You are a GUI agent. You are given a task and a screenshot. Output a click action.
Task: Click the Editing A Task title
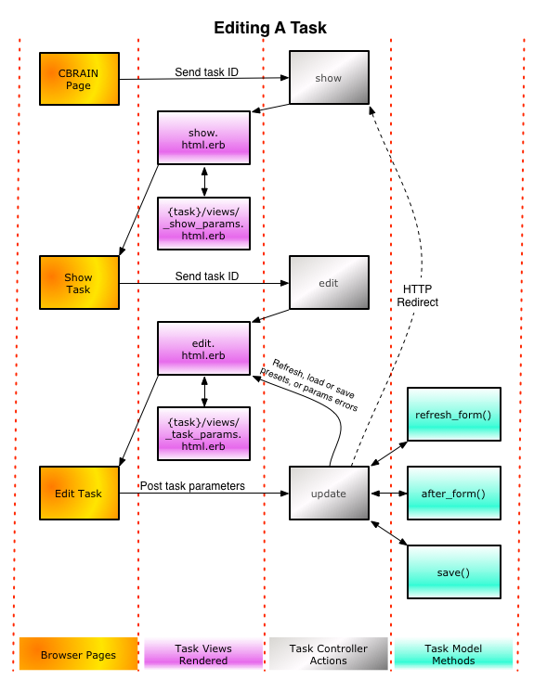[270, 28]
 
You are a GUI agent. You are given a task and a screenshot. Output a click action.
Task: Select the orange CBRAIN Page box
[79, 79]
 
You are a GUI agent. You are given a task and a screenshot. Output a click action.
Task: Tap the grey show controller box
[329, 78]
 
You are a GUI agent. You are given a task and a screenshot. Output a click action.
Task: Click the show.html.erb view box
[203, 138]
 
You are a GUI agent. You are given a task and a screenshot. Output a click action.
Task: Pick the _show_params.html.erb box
[203, 224]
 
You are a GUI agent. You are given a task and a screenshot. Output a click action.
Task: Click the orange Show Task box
[79, 282]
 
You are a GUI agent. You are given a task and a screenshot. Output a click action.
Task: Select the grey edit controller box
[329, 282]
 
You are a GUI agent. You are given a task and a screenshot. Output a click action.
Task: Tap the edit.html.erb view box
[203, 348]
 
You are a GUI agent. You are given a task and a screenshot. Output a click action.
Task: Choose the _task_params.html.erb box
[203, 433]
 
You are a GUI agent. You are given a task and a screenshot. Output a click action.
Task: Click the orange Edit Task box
[79, 494]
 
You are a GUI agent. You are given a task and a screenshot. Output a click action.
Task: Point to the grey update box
[329, 494]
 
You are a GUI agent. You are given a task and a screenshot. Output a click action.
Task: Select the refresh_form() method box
[454, 414]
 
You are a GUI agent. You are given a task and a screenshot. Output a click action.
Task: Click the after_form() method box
[454, 494]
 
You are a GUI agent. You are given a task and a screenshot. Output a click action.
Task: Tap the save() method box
[454, 572]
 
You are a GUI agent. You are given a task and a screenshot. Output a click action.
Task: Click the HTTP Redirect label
[418, 296]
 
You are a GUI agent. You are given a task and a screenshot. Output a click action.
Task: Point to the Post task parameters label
[192, 486]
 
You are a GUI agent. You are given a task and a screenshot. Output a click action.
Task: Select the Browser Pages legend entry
[79, 654]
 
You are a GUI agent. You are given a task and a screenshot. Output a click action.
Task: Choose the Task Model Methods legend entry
[453, 654]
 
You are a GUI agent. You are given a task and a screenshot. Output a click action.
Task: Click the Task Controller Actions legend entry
[328, 654]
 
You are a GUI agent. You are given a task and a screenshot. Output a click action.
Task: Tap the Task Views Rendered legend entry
[203, 654]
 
